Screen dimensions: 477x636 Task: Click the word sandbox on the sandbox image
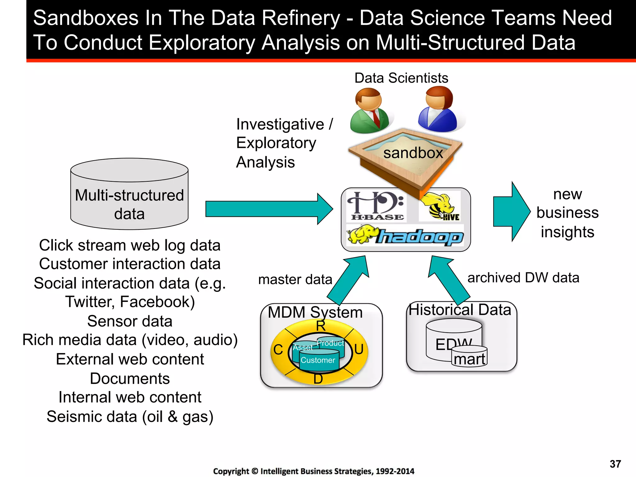[413, 153]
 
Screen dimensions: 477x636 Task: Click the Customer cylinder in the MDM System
[319, 360]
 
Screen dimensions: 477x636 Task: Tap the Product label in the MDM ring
[330, 343]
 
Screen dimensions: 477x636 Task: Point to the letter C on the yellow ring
[278, 350]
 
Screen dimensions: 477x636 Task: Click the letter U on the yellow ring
[359, 349]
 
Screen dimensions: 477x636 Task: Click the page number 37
[615, 464]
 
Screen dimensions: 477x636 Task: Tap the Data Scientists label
[401, 78]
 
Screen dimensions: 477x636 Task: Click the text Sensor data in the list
[129, 321]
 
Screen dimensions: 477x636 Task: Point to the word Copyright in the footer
[231, 471]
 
